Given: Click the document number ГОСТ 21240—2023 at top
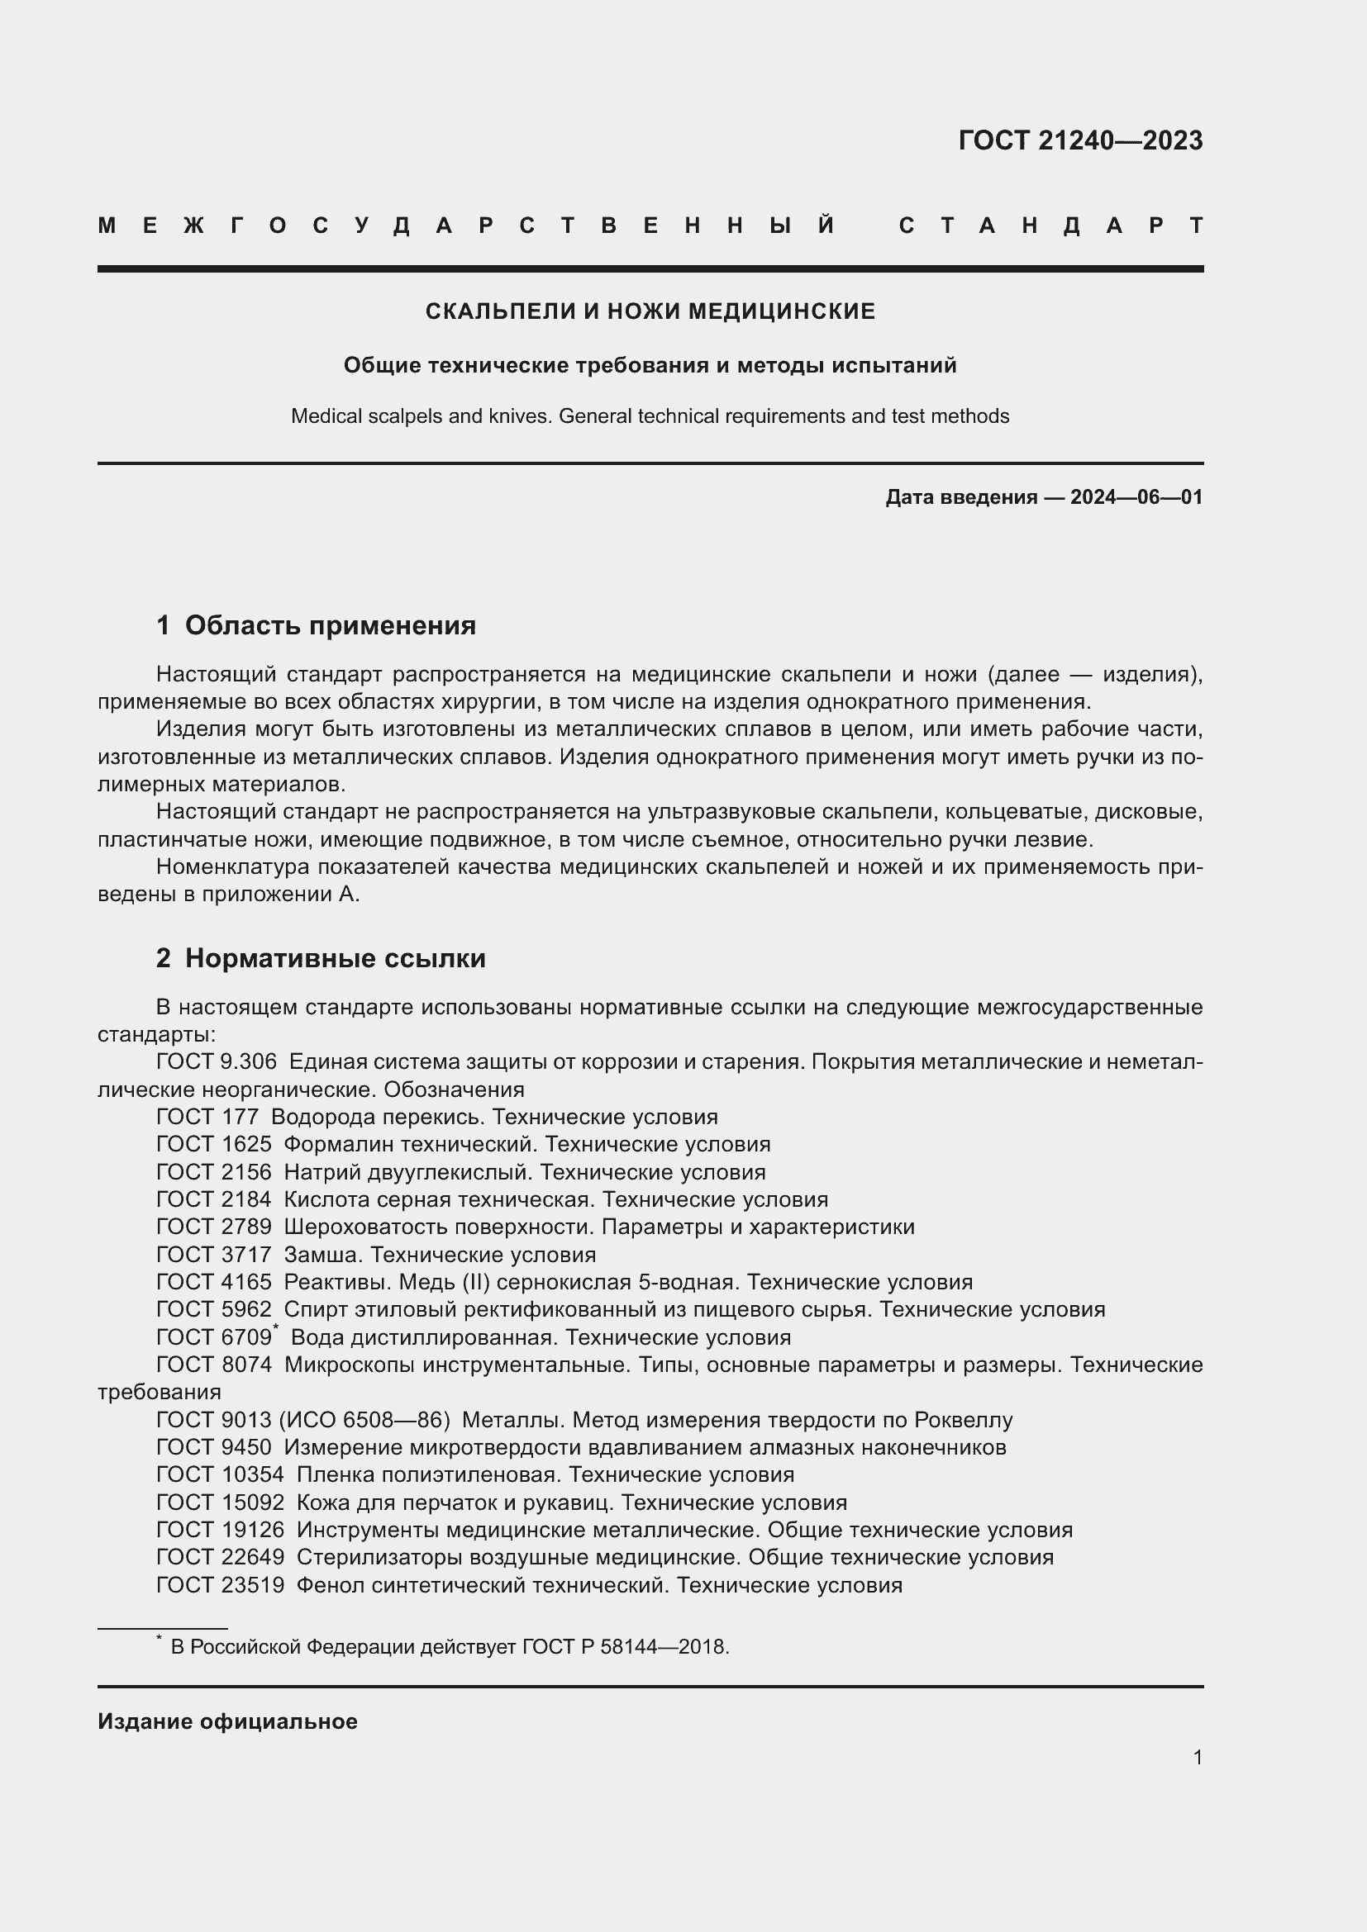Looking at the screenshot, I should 1080,140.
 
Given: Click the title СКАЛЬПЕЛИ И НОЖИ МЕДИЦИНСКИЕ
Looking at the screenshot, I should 650,311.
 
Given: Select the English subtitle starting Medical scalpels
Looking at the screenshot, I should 650,416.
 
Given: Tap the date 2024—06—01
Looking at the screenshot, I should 1136,497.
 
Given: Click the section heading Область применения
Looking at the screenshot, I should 330,625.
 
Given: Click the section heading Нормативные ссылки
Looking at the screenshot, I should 335,958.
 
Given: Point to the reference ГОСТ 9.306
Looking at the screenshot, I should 217,1062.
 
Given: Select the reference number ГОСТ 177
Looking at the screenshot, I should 208,1118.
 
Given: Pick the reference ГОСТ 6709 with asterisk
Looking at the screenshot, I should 215,1338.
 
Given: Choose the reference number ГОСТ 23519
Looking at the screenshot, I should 221,1585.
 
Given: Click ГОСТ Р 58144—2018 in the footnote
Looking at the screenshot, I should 625,1647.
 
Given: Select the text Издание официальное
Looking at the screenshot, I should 227,1721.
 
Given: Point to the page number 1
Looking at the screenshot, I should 1197,1757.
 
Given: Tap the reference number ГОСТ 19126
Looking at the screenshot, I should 221,1530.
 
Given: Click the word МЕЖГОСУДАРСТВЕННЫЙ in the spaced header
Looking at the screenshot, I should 466,225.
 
